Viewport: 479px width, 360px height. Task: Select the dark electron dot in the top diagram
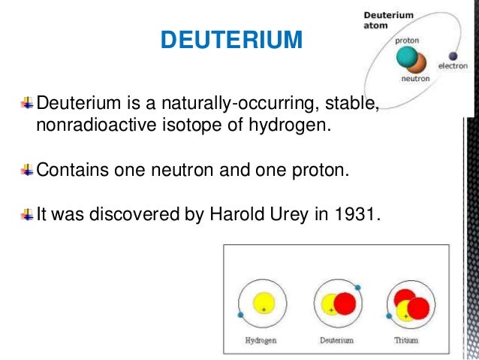[453, 56]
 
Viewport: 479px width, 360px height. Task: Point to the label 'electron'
[453, 66]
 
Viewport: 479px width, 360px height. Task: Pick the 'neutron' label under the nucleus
[416, 78]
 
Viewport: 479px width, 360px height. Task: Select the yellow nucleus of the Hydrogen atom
[263, 304]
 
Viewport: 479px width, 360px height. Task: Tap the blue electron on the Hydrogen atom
[240, 315]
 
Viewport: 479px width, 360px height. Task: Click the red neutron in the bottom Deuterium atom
[344, 304]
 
